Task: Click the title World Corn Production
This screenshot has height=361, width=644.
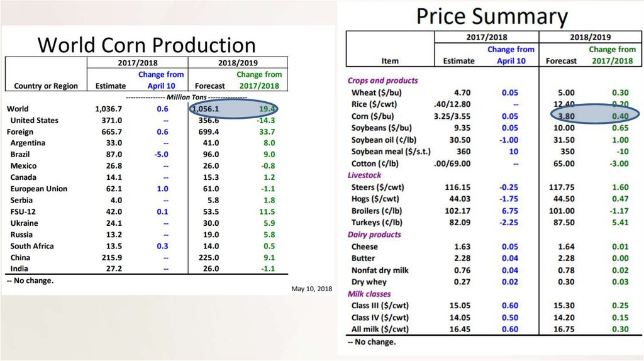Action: pyautogui.click(x=147, y=45)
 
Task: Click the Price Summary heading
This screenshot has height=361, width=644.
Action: pyautogui.click(x=492, y=16)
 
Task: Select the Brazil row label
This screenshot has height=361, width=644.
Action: pyautogui.click(x=21, y=154)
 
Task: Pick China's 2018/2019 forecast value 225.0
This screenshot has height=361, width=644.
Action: pyautogui.click(x=208, y=257)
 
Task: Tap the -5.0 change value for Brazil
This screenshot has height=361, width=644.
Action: pyautogui.click(x=162, y=154)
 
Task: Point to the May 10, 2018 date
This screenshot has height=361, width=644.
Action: pyautogui.click(x=311, y=289)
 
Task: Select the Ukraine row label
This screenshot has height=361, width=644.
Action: pyautogui.click(x=24, y=223)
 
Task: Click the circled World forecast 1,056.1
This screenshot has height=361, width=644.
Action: pyautogui.click(x=208, y=109)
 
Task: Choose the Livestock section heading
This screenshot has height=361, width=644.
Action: pyautogui.click(x=365, y=175)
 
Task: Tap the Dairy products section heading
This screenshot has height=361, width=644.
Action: pyautogui.click(x=374, y=235)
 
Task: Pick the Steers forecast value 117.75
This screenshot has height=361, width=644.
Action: pyautogui.click(x=562, y=187)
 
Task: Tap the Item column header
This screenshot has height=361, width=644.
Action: pyautogui.click(x=390, y=61)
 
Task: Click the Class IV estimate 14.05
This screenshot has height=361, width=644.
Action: pyautogui.click(x=458, y=318)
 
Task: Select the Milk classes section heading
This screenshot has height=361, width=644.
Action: pyautogui.click(x=369, y=294)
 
